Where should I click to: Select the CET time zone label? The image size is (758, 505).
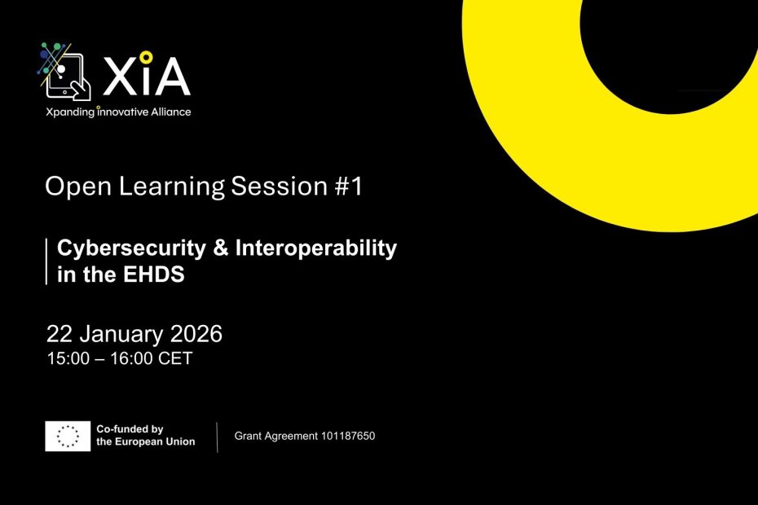[174, 358]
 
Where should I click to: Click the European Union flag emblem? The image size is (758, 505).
[68, 437]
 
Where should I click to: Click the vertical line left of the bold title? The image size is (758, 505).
[46, 261]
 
